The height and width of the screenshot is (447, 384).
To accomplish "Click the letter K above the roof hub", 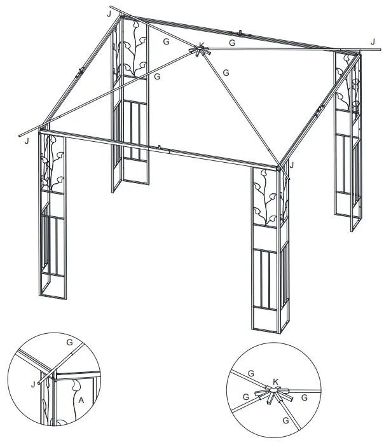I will [x=202, y=45].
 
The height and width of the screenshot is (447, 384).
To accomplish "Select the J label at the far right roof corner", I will [x=373, y=42].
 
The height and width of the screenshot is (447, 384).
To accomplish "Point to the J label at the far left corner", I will [x=26, y=141].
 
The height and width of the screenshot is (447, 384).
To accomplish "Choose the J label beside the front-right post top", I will [x=291, y=165].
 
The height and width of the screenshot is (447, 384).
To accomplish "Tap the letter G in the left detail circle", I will [x=69, y=342].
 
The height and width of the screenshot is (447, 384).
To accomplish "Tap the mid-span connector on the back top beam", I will [x=241, y=33].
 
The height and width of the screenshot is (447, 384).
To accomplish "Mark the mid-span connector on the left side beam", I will [x=79, y=71].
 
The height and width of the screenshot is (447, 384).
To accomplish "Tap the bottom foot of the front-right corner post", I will [x=268, y=328].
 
